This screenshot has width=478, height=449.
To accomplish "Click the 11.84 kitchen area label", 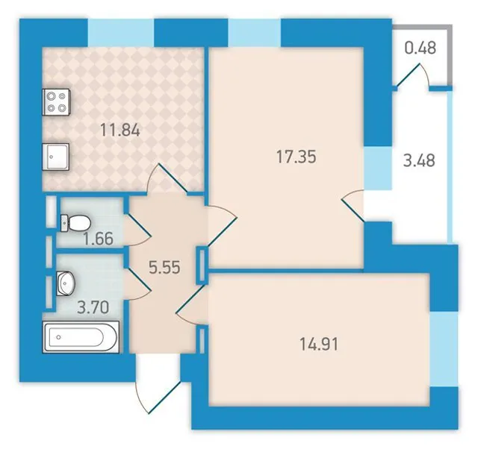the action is point(120,131).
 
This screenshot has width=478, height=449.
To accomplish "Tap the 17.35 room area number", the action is point(297,157).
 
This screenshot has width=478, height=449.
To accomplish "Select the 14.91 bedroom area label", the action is point(319,345).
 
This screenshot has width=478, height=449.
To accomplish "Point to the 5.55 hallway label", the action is point(164,268).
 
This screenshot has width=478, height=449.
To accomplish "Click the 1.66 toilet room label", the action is point(98,239).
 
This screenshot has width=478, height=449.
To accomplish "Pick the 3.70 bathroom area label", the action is point(93,307).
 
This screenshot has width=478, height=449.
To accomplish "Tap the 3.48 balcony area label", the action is point(419,160).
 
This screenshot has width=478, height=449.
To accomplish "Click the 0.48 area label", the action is point(420,48).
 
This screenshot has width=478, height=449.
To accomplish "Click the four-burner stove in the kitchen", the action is point(57,102).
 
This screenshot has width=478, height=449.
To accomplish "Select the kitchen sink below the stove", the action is point(57,157).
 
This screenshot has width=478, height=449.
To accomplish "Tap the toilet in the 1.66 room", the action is point(75,223).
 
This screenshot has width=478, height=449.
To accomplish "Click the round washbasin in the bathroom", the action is point(65,283).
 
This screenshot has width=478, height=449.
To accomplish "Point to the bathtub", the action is point(81,337).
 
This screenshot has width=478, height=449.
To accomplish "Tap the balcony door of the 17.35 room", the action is point(353,204).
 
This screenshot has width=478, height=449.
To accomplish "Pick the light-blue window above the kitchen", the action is point(121,33).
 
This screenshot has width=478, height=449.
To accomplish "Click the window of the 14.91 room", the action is point(444,350).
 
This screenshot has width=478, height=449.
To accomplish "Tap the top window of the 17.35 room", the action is point(254,33).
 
